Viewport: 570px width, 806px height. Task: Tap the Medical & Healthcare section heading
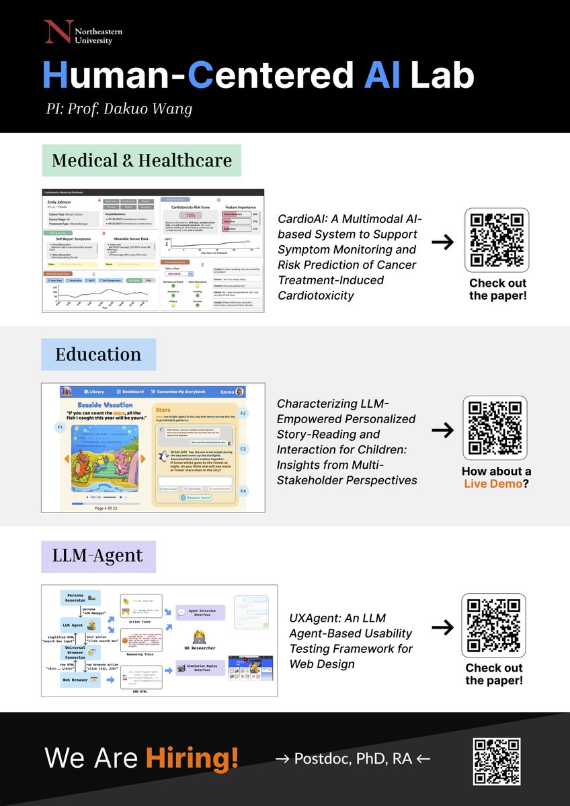point(141,161)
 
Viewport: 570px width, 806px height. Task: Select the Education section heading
point(98,354)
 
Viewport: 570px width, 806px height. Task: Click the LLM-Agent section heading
point(98,555)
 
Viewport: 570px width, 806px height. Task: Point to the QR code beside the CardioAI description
point(497,240)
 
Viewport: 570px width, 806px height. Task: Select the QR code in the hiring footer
point(497,762)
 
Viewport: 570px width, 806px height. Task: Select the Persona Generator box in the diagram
point(79,597)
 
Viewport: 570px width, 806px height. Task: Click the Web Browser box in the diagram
point(79,680)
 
